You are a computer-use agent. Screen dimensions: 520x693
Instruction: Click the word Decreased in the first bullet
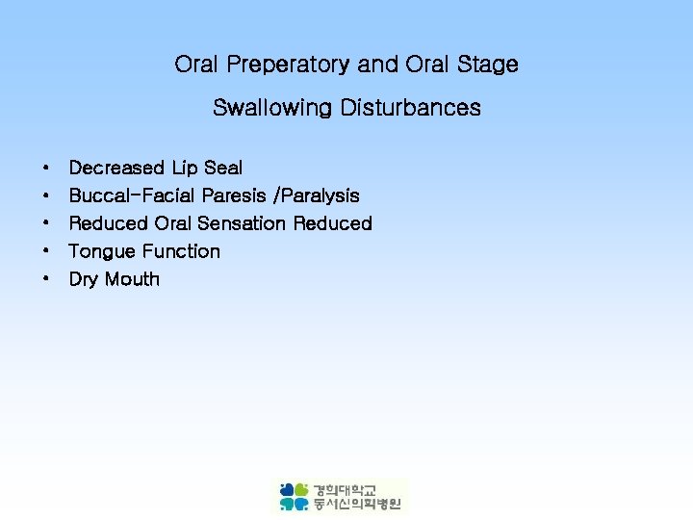click(x=116, y=168)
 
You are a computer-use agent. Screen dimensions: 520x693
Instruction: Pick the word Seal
click(x=223, y=168)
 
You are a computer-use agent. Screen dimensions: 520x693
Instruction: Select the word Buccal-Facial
click(x=133, y=195)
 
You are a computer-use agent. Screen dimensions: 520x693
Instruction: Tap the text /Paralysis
click(x=318, y=195)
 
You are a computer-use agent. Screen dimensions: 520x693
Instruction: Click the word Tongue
click(x=102, y=251)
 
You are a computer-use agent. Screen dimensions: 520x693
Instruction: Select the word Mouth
click(x=132, y=279)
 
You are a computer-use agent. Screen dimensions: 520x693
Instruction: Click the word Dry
click(x=84, y=279)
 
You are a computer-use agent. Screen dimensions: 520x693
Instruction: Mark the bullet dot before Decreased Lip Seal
click(x=46, y=169)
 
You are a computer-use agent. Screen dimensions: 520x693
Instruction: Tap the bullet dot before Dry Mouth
click(x=46, y=280)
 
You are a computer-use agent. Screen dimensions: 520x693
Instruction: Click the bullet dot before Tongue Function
click(x=46, y=252)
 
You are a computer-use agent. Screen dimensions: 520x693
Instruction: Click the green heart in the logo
click(x=301, y=489)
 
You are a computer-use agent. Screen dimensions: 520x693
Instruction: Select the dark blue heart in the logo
click(x=287, y=489)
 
